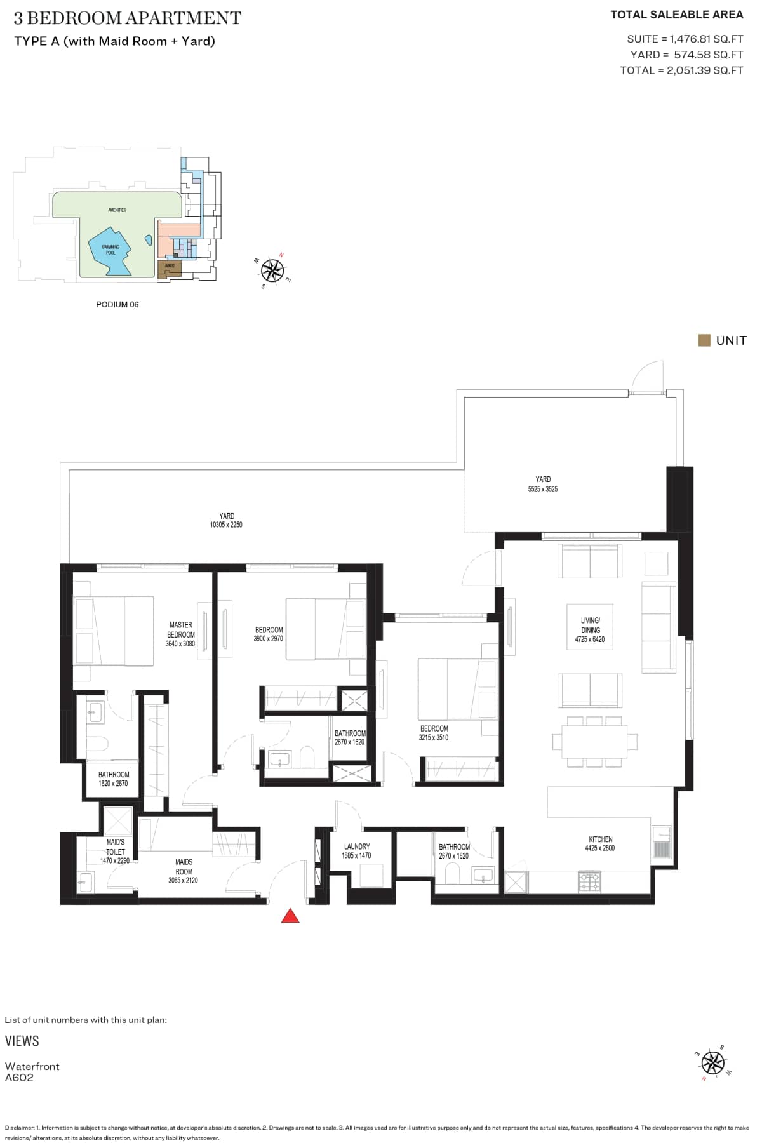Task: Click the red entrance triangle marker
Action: tap(290, 916)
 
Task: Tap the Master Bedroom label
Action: tap(180, 634)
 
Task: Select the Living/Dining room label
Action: tap(590, 625)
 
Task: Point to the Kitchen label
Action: tap(600, 839)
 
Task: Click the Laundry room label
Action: tap(356, 846)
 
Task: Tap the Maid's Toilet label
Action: tap(115, 847)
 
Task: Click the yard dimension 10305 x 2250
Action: tap(226, 525)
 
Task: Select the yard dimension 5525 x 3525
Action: tap(543, 489)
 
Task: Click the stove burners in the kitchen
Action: tap(589, 881)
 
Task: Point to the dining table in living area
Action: tap(594, 741)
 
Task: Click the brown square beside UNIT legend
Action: tap(704, 340)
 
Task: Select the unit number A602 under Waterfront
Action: tap(20, 1078)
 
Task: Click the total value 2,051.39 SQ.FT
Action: tap(705, 70)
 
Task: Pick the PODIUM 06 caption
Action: tap(117, 305)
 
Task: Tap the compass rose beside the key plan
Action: tap(272, 271)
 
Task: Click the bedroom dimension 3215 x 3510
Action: tap(434, 737)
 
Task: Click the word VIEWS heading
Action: tap(22, 1041)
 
